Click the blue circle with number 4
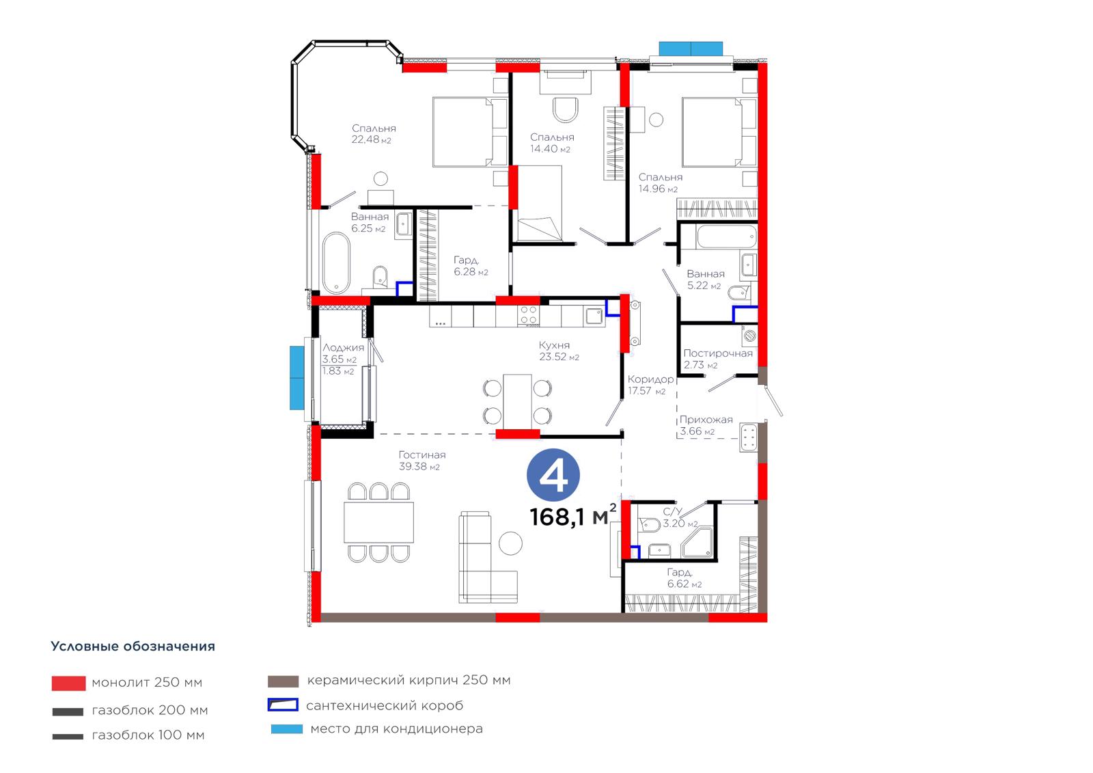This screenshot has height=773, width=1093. click(x=553, y=475)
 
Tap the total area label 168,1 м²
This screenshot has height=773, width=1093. click(x=573, y=517)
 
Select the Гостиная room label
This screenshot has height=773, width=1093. click(x=422, y=455)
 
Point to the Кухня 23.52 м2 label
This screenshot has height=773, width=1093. click(x=559, y=351)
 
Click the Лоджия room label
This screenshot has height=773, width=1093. click(x=343, y=348)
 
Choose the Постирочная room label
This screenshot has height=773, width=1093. click(x=718, y=353)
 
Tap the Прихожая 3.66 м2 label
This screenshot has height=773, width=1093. click(x=706, y=425)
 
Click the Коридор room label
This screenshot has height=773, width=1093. click(x=650, y=379)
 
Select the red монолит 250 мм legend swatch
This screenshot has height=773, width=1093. click(x=69, y=683)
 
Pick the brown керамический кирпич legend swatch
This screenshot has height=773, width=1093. click(x=283, y=681)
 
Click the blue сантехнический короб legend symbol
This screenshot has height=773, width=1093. click(x=283, y=705)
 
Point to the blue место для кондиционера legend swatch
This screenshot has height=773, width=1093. click(x=287, y=729)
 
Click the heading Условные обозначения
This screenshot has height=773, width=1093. click(x=133, y=646)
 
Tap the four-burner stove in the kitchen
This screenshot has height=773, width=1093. click(x=529, y=316)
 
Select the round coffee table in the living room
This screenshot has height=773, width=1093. click(x=510, y=543)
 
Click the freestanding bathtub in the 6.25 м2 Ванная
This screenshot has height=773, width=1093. click(x=336, y=262)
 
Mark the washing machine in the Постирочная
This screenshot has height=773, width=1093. click(x=749, y=336)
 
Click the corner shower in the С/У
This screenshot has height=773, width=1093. click(x=697, y=543)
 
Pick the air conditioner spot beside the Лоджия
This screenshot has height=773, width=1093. click(x=296, y=377)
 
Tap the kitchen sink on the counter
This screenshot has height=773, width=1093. click(x=594, y=316)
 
